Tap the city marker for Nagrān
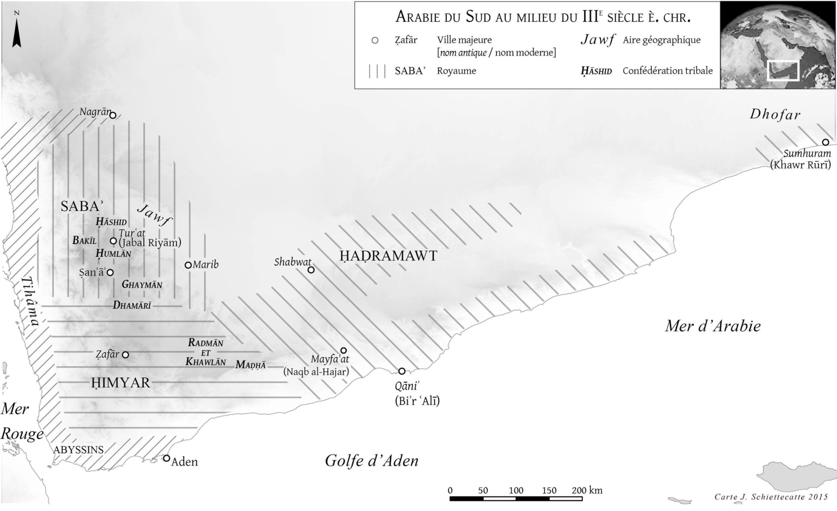112,116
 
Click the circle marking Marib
188,265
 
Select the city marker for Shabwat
311,270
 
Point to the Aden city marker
166,458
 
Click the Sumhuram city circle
825,142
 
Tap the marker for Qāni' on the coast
402,371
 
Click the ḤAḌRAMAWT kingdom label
388,256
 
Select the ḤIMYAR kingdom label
121,383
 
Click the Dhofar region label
775,115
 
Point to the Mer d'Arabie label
712,326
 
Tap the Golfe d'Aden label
371,461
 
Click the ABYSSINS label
78,449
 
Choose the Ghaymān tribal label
142,285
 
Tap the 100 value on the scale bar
516,491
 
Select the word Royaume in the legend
457,71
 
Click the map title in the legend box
542,17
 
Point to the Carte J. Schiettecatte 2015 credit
771,497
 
